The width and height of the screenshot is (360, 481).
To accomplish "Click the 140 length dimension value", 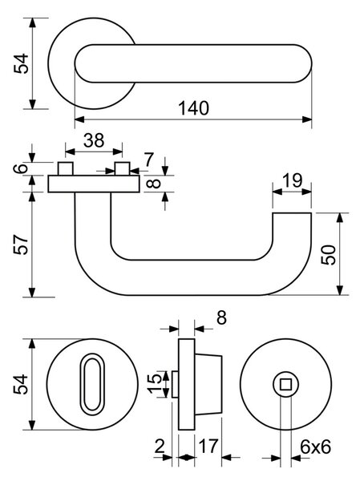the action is (x=194, y=108).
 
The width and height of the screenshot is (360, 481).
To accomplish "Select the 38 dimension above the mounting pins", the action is (x=94, y=140).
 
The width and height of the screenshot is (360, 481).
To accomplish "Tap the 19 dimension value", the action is (x=292, y=180).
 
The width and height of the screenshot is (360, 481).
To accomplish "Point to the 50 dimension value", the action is (x=329, y=255).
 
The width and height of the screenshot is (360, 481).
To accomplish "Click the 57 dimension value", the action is (x=21, y=245).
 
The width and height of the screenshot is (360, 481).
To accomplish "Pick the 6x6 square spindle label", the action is (x=315, y=447).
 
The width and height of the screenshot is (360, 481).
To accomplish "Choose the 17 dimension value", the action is (x=208, y=446).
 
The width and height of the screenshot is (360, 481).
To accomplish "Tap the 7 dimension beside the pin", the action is (x=148, y=160).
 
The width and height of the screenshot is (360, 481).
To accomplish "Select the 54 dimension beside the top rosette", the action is (x=21, y=63).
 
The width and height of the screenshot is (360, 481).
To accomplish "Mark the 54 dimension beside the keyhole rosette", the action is (x=21, y=384).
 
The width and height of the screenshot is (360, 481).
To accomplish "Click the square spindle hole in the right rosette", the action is (x=285, y=384).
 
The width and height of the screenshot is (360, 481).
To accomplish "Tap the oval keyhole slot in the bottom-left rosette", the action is (x=92, y=384).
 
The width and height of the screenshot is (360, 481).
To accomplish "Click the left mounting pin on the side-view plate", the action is (x=66, y=168).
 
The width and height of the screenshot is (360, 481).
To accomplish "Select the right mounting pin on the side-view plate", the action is (x=122, y=168).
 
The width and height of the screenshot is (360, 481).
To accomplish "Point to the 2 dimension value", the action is (x=160, y=447).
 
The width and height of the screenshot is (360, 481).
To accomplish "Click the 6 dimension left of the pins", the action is (x=21, y=168).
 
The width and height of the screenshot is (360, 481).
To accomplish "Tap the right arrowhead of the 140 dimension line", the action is (x=307, y=119).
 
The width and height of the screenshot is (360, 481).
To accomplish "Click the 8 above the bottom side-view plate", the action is (x=221, y=317).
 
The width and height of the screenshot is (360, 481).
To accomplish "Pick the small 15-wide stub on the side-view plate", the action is (x=175, y=384).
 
